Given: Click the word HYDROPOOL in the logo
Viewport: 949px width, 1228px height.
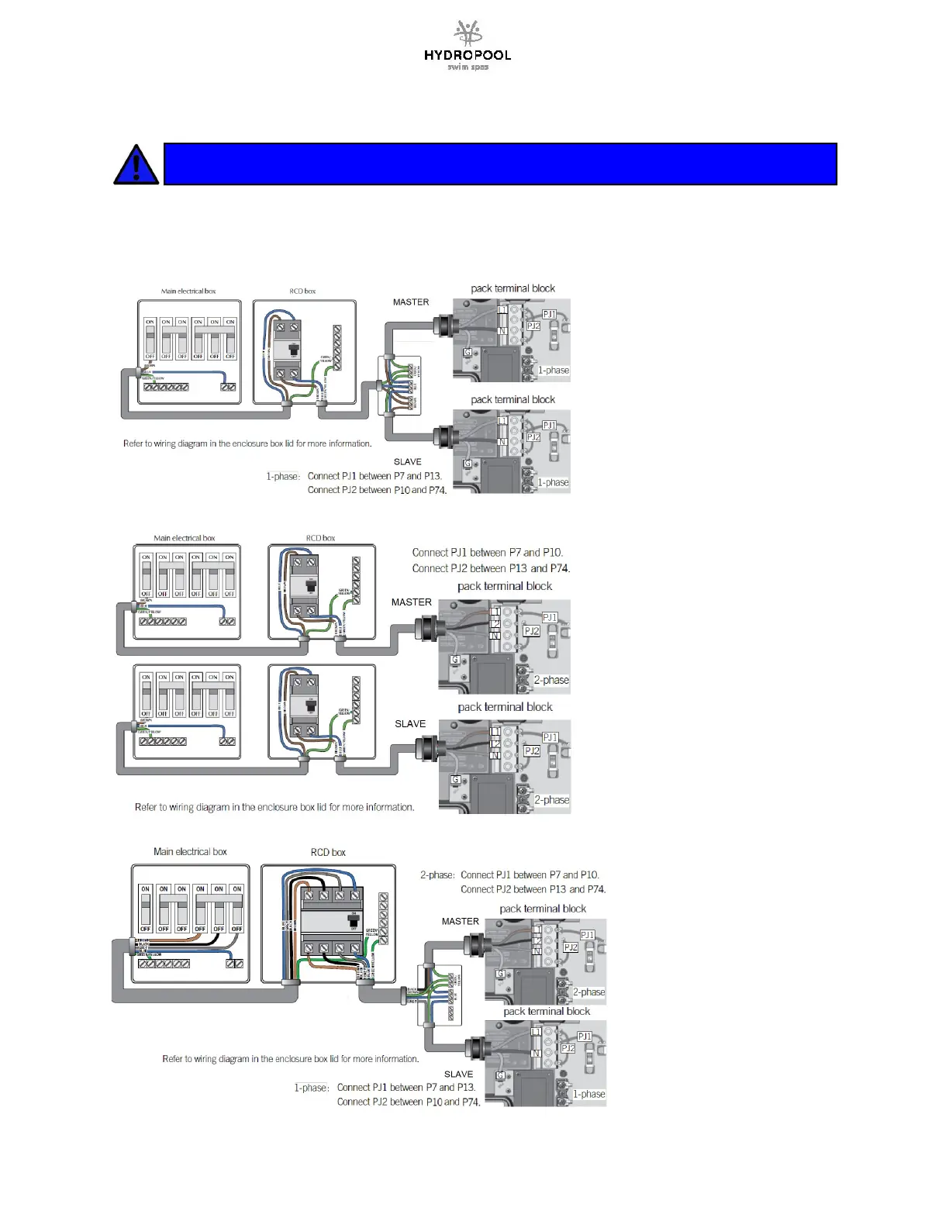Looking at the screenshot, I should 468,55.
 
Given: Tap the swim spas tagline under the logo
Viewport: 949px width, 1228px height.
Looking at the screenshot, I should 468,67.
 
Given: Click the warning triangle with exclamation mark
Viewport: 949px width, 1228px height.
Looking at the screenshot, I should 136,165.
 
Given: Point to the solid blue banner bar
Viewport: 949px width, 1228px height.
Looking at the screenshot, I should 500,164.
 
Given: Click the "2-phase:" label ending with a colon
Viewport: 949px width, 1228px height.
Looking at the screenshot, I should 437,874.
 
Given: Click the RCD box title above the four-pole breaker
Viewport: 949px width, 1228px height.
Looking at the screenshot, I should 328,852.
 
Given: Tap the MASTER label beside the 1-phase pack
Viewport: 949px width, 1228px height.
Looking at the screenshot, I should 411,302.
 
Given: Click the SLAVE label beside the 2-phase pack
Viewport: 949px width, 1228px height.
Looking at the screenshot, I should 410,724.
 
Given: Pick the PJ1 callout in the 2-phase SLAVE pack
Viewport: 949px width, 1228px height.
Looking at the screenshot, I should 550,737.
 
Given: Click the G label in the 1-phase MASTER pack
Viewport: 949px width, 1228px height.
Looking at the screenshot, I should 468,352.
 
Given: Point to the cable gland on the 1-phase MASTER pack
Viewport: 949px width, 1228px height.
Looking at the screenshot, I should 443,325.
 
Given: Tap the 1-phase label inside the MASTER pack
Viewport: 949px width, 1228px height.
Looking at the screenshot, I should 554,371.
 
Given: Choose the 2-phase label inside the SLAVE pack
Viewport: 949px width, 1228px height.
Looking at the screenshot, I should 551,800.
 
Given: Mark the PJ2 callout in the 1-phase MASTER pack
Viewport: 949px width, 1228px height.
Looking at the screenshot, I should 533,326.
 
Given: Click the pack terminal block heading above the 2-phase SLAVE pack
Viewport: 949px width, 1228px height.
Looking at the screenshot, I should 505,707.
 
